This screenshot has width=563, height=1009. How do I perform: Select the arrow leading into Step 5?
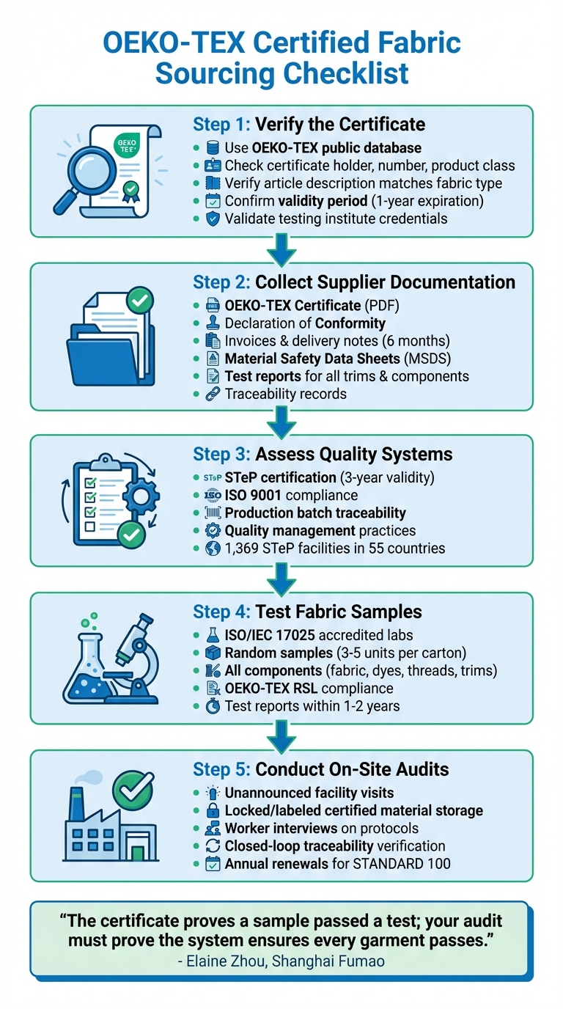click(x=281, y=735)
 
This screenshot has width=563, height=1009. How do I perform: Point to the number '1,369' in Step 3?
click(x=243, y=548)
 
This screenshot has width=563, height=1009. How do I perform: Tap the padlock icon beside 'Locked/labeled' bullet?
click(x=213, y=810)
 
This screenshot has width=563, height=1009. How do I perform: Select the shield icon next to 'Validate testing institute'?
click(x=213, y=218)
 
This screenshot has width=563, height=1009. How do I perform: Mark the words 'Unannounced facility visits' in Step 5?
click(x=309, y=793)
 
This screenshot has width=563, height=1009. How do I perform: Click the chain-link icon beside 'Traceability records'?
click(x=213, y=394)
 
